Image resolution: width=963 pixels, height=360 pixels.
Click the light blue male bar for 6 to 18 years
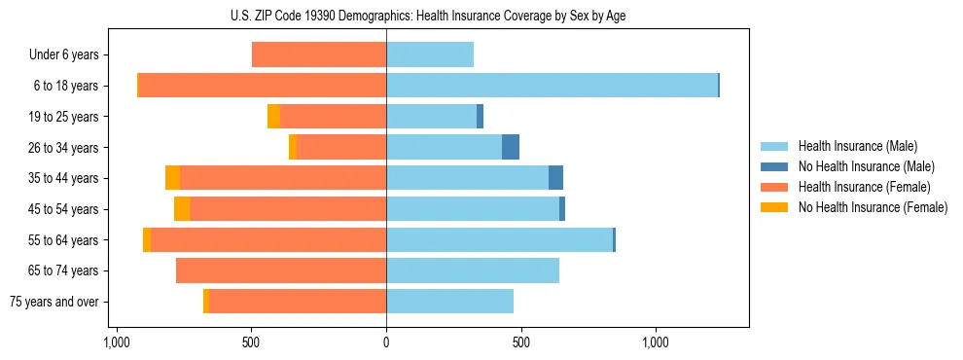pos(552,86)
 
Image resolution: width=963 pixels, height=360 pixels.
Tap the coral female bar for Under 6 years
pos(319,54)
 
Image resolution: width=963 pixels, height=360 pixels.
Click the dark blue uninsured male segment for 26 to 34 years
pos(511,147)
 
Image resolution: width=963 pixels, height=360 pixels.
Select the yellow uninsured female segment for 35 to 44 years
pos(172,178)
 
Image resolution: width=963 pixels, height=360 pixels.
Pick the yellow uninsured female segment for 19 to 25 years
pos(273,117)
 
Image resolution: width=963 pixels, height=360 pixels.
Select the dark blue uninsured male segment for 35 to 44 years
pos(555,178)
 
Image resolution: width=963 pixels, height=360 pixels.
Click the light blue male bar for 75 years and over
pos(449,302)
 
